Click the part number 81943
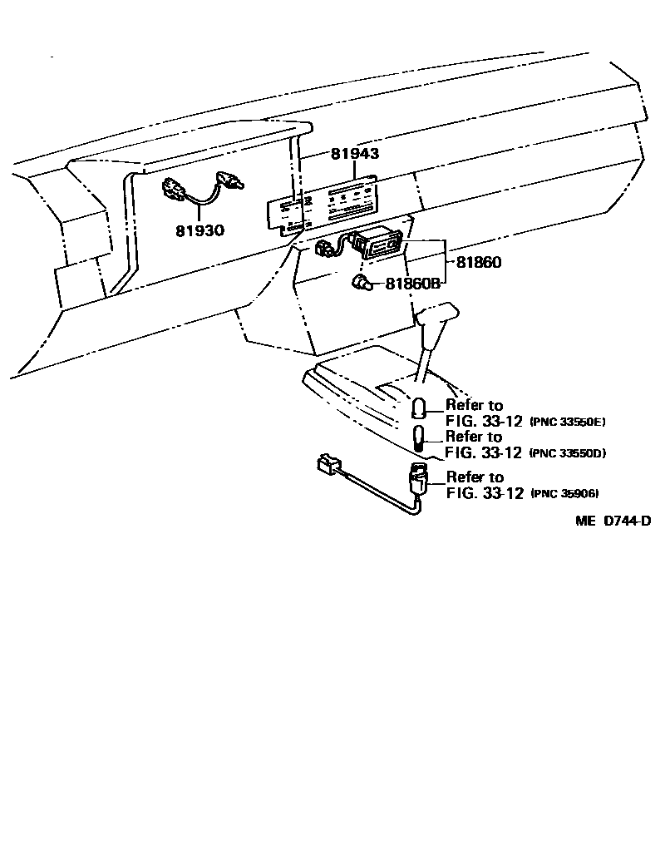[x=355, y=155]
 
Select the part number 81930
[x=199, y=230]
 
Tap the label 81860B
[x=411, y=284]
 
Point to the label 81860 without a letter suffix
[x=478, y=262]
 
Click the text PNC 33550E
[x=568, y=423]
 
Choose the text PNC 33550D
[x=568, y=453]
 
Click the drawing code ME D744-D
[x=613, y=521]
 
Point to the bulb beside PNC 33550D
[x=420, y=438]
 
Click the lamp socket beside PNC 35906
[x=418, y=481]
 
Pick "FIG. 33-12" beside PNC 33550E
[x=484, y=422]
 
